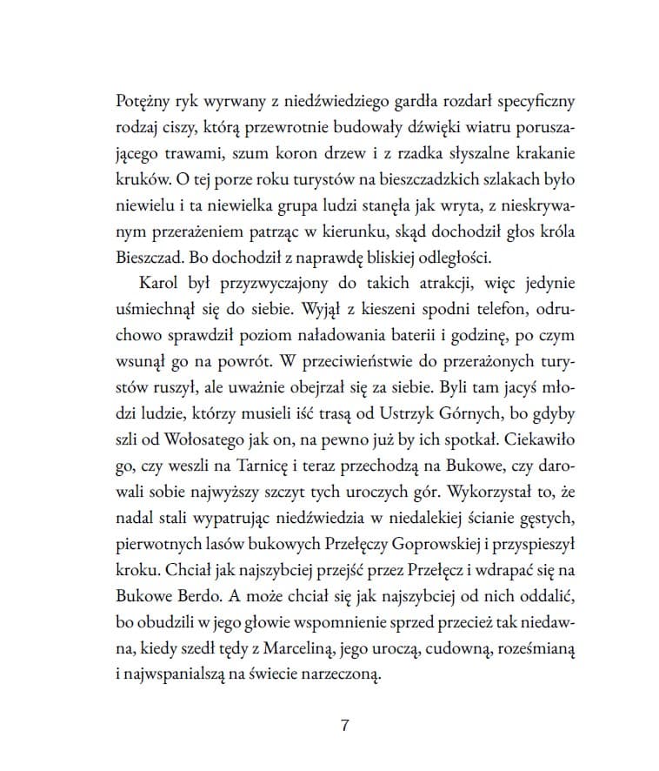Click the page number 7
pos(345,727)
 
